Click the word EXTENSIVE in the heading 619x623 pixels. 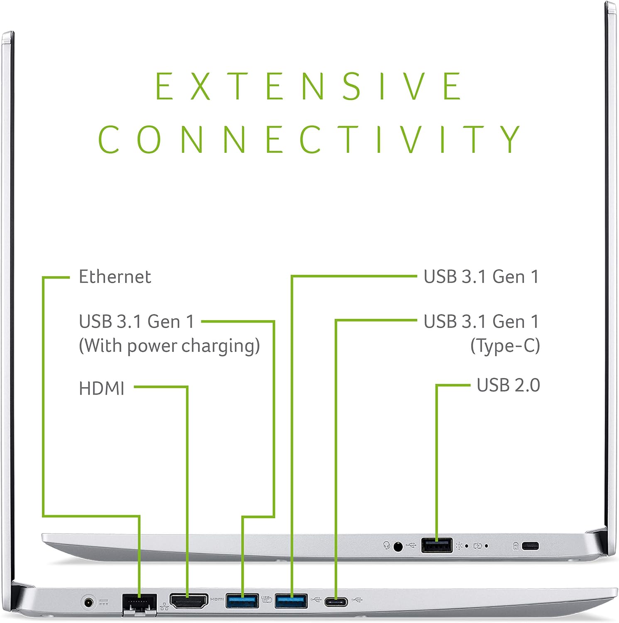[x=308, y=86]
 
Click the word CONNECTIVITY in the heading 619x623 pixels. [x=309, y=139]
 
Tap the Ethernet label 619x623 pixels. [x=115, y=277]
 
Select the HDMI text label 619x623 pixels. [x=102, y=389]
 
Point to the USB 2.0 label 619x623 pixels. [x=508, y=385]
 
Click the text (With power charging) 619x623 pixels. [x=169, y=346]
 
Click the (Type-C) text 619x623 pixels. [x=505, y=346]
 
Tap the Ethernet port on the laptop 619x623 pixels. [x=139, y=604]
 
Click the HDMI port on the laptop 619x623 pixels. [x=189, y=601]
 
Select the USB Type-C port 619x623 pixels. [x=336, y=601]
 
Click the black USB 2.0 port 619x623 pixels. [x=437, y=545]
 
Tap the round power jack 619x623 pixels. [x=88, y=602]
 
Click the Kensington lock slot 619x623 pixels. [x=530, y=546]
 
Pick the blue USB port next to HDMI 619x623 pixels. [x=242, y=601]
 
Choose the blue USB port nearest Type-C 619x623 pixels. [x=291, y=601]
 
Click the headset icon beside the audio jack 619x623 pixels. [x=387, y=545]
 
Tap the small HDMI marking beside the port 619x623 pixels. [x=217, y=599]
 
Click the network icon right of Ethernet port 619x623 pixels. [x=164, y=607]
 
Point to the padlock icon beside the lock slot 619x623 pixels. [x=516, y=546]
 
